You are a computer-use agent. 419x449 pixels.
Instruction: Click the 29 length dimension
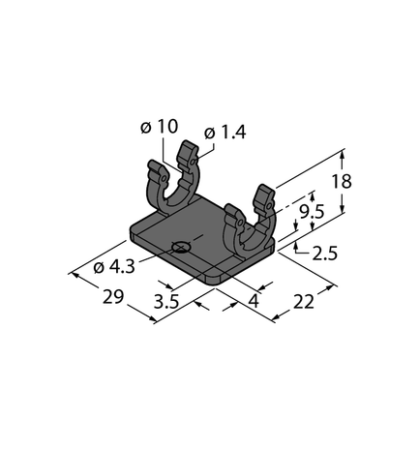click(112, 297)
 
